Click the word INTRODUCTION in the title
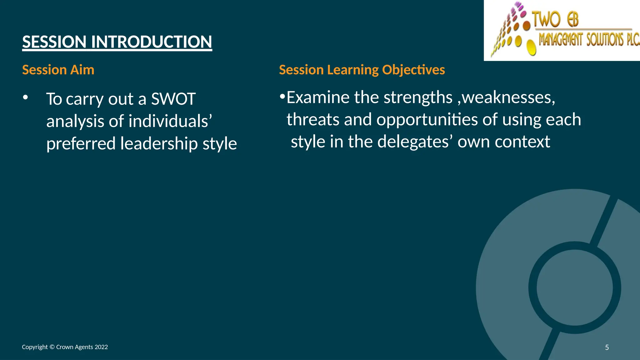click(x=152, y=42)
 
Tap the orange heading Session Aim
click(x=58, y=70)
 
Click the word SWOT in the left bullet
click(x=173, y=99)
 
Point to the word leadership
click(x=159, y=143)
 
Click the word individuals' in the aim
click(x=170, y=121)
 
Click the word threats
click(x=313, y=120)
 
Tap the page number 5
click(x=607, y=347)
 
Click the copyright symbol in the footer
click(x=52, y=347)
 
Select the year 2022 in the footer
click(x=101, y=347)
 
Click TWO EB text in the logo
click(x=555, y=19)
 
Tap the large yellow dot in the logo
click(x=531, y=47)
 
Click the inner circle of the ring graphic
click(x=575, y=288)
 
